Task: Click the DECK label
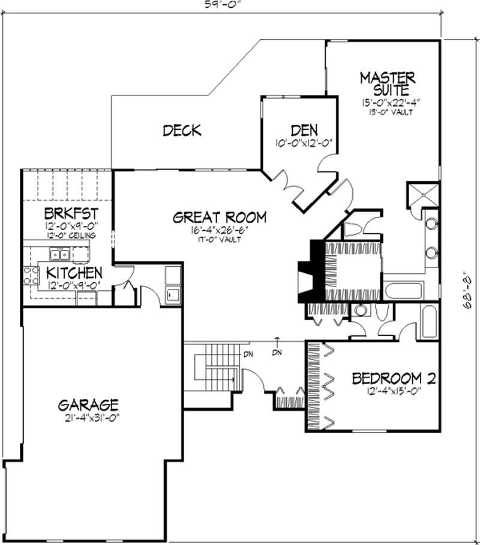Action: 182,130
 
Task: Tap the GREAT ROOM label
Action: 219,218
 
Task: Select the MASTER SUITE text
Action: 388,84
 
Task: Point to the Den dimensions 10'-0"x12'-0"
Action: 304,143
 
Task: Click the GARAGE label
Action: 88,404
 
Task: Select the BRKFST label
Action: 71,214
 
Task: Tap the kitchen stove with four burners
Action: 29,276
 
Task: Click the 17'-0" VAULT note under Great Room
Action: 219,240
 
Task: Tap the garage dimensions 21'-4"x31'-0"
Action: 88,418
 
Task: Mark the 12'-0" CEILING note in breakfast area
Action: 71,236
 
